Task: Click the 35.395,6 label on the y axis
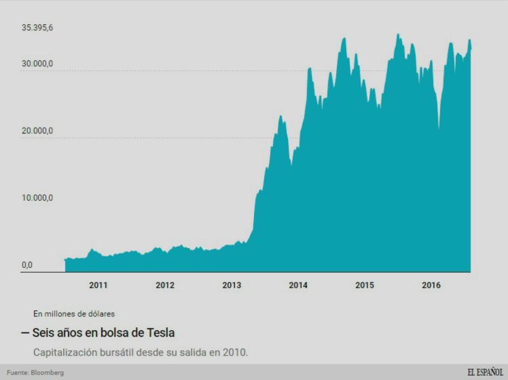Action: click(37, 28)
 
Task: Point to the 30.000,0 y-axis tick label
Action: click(37, 64)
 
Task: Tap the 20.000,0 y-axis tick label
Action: click(37, 131)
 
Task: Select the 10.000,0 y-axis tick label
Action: click(37, 198)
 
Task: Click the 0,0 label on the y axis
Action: click(27, 265)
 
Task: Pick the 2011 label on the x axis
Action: click(98, 286)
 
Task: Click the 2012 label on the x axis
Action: click(165, 286)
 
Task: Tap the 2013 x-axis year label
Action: click(231, 286)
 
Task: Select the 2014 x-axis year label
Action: click(298, 286)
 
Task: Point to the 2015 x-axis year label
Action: click(365, 286)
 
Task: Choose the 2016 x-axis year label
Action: click(431, 286)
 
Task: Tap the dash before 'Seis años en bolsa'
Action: click(24, 332)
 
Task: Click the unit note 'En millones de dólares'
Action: click(74, 313)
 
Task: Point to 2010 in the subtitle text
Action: click(234, 352)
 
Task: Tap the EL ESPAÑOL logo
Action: click(485, 372)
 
